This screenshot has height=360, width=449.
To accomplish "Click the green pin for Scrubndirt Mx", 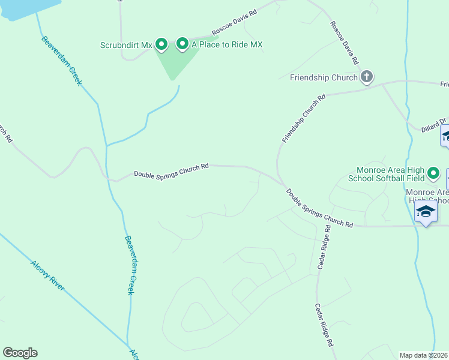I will [x=161, y=44].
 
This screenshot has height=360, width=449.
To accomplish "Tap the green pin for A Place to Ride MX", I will [x=182, y=44].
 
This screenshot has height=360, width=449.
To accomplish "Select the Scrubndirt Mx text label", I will [x=127, y=45].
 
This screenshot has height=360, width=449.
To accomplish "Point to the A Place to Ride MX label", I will [x=227, y=45].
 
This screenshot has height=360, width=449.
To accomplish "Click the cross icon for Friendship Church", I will [x=367, y=77].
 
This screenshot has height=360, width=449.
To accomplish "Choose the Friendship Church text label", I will [x=324, y=77].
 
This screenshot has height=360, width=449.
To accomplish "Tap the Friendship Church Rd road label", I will [x=304, y=118].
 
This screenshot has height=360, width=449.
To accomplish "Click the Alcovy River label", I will [x=47, y=275].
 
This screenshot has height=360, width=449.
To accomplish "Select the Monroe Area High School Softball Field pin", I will [x=434, y=175].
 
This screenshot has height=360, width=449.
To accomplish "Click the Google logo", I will [x=20, y=353].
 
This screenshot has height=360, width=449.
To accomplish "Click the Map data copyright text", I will [x=423, y=355].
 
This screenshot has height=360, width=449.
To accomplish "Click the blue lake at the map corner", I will [x=24, y=7].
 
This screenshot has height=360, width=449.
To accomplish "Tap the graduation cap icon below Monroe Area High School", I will [x=426, y=212].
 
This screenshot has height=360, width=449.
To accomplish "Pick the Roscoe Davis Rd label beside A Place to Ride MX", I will [x=235, y=22].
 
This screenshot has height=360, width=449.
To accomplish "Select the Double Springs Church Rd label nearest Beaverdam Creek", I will [x=171, y=170].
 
